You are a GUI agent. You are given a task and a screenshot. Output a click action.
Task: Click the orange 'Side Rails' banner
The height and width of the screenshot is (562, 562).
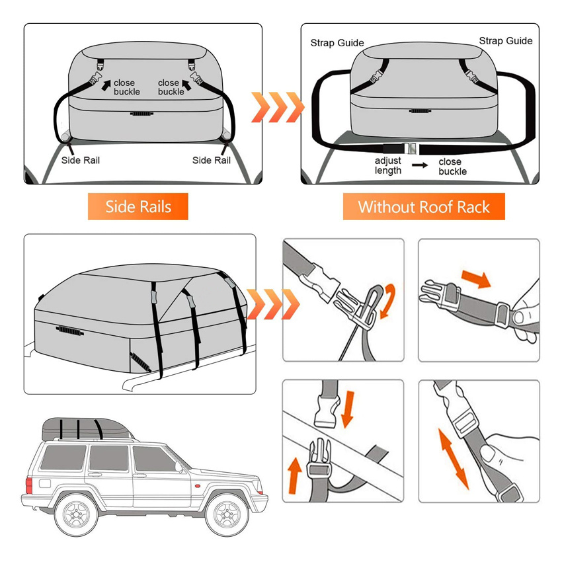click(138, 207)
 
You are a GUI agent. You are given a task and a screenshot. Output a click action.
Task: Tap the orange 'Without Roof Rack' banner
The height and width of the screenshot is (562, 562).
click(424, 207)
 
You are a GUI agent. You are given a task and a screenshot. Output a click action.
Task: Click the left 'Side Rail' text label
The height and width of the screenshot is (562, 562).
click(81, 160)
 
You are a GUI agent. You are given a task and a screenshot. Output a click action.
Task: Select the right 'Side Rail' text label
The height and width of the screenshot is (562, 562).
click(212, 160)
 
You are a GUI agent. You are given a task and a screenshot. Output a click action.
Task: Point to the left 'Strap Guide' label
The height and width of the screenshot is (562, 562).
click(337, 43)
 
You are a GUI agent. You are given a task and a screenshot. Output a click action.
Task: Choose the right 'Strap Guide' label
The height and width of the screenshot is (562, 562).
click(506, 41)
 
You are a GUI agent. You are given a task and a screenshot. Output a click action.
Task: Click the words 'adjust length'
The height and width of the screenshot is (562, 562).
click(388, 166)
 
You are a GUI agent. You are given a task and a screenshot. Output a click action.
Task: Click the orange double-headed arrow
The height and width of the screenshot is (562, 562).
click(453, 457)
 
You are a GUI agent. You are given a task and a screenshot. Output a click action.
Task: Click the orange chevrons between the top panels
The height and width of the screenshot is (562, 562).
click(276, 106)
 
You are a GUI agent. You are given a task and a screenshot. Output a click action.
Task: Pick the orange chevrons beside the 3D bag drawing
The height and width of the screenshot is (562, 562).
click(272, 303)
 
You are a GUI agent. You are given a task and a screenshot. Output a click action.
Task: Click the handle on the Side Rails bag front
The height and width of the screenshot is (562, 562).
click(140, 114)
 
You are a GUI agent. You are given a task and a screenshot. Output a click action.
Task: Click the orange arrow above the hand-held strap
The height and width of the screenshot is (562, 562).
click(474, 277)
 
